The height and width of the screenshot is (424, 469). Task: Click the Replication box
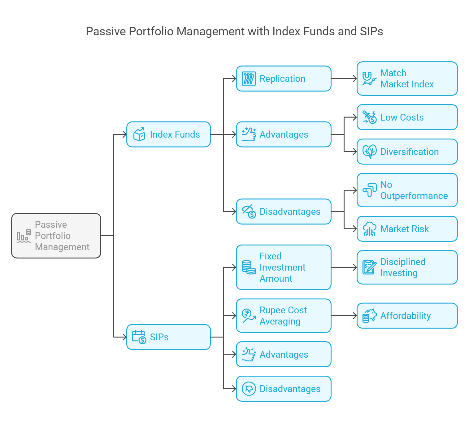click(x=283, y=78)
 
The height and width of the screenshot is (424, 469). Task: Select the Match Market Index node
click(x=407, y=78)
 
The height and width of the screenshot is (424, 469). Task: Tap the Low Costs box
click(x=407, y=117)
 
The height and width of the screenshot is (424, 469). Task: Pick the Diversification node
click(x=407, y=152)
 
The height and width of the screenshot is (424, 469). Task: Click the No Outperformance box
click(x=407, y=190)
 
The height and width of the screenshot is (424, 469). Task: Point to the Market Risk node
click(x=407, y=229)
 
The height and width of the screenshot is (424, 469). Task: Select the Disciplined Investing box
click(x=407, y=267)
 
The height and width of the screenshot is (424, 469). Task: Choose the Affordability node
click(x=407, y=316)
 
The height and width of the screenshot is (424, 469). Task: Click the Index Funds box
click(x=168, y=135)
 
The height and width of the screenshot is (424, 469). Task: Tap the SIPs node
click(x=168, y=337)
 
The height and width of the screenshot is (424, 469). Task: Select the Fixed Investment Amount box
click(x=283, y=267)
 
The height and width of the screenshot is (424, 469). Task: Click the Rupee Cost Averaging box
click(x=283, y=316)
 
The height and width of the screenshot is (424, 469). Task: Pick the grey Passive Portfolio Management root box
click(x=56, y=236)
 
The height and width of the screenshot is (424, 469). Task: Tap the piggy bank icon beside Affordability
click(x=369, y=316)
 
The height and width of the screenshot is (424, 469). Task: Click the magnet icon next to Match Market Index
click(x=369, y=78)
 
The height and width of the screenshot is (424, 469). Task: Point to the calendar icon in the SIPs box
click(x=139, y=337)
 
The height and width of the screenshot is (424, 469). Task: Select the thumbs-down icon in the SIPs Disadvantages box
click(x=249, y=389)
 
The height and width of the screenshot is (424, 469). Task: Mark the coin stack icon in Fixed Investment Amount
click(x=249, y=267)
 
